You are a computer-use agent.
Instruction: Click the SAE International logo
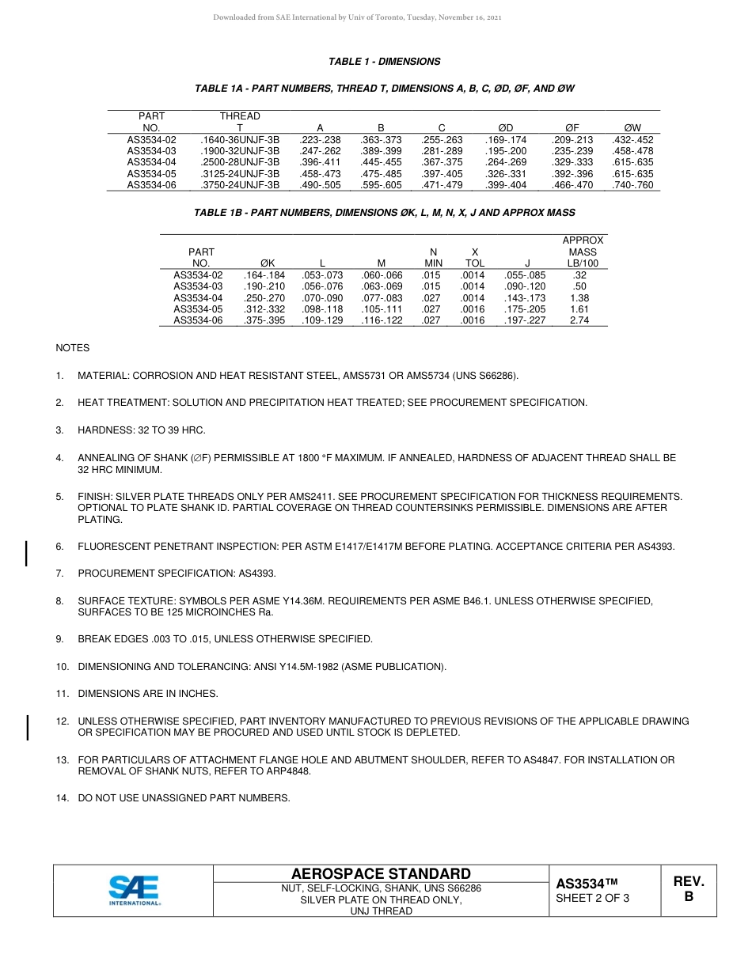[x=135, y=890]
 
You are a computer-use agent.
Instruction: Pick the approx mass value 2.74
[x=579, y=320]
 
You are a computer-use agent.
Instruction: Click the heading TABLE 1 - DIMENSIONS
[x=384, y=62]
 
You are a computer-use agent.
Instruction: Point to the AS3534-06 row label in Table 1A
[x=151, y=185]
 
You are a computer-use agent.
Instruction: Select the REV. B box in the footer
[x=688, y=889]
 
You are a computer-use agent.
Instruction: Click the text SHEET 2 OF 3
[x=592, y=898]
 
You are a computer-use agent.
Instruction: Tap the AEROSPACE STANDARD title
[x=381, y=873]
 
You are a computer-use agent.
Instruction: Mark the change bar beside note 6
[x=28, y=553]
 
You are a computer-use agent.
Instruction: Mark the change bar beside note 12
[x=28, y=727]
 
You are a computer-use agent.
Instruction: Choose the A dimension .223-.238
[x=320, y=139]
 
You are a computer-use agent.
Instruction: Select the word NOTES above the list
[x=72, y=348]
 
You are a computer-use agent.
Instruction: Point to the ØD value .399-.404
[x=505, y=185]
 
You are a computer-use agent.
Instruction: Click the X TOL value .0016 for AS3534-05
[x=473, y=309]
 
